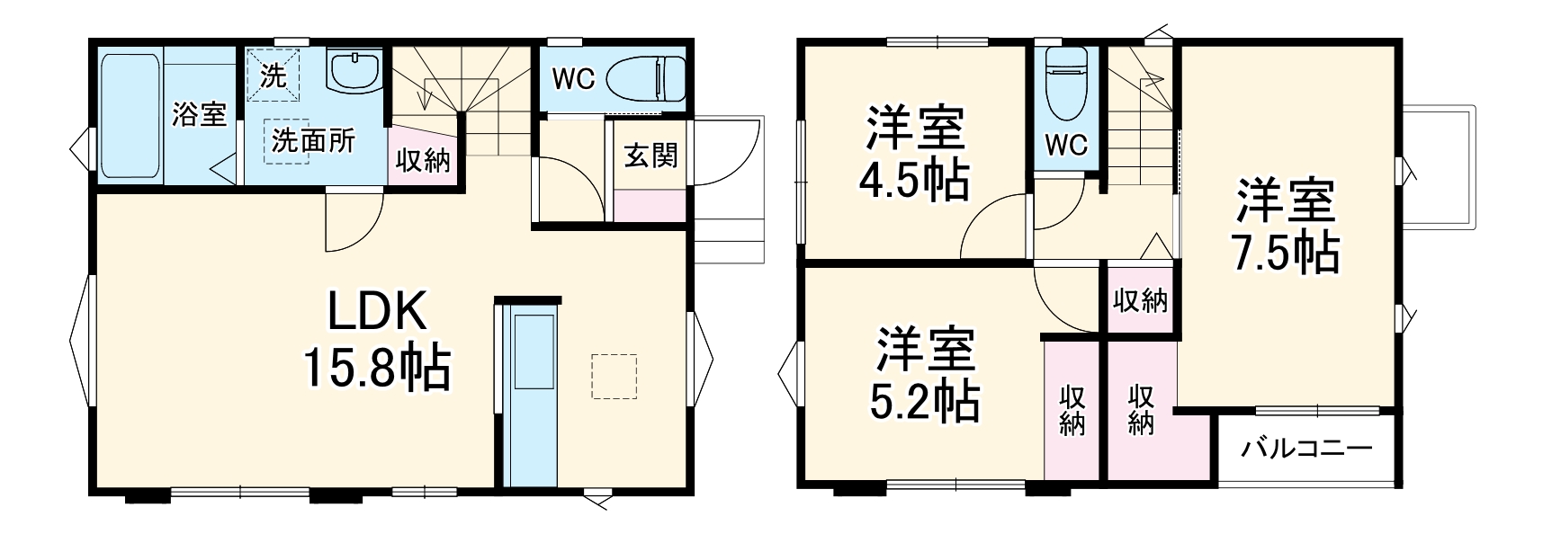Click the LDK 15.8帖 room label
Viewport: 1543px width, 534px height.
click(x=376, y=340)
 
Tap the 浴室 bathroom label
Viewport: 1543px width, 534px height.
click(x=199, y=114)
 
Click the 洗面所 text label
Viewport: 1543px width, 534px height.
click(x=314, y=140)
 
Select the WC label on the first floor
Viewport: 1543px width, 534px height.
click(x=572, y=79)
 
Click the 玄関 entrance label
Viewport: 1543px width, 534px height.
click(x=650, y=156)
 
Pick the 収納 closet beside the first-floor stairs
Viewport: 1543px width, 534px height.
click(x=423, y=161)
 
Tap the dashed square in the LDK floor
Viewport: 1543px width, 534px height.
click(x=614, y=376)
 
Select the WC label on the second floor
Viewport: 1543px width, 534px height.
click(x=1066, y=144)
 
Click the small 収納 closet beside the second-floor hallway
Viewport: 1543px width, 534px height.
click(x=1140, y=300)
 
